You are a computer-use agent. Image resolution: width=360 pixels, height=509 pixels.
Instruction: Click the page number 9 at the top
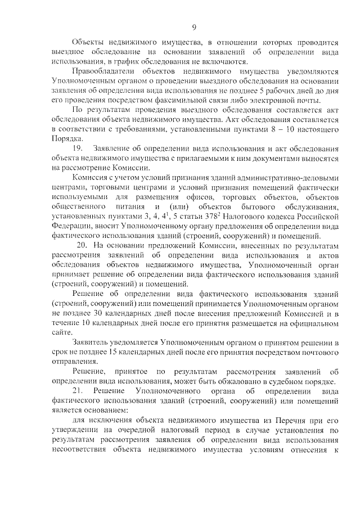194,27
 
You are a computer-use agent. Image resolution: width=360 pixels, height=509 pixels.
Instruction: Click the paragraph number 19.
78,149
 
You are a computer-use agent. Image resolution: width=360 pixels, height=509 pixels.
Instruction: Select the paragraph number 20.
82,246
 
